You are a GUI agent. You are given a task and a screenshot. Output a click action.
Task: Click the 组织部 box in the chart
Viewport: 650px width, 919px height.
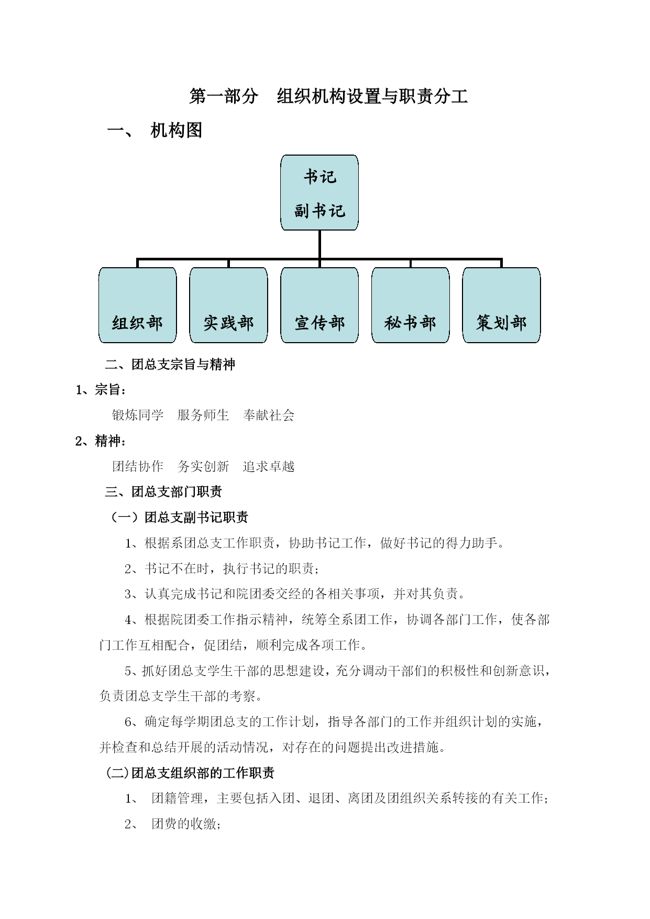(x=138, y=305)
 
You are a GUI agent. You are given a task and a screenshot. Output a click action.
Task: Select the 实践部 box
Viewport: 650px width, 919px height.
(x=228, y=305)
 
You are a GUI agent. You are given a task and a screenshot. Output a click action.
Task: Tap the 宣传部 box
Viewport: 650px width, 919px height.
(x=320, y=305)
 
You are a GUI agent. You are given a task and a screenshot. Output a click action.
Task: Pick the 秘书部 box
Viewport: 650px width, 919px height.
(x=411, y=305)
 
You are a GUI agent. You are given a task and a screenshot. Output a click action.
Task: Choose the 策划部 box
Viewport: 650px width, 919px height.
(x=501, y=305)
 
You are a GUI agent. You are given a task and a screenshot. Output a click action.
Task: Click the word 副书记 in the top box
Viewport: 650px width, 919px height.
(x=320, y=211)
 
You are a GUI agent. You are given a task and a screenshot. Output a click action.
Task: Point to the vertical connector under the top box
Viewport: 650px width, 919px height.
(x=320, y=245)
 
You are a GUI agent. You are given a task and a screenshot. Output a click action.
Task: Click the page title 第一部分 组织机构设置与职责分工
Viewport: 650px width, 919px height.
(x=328, y=96)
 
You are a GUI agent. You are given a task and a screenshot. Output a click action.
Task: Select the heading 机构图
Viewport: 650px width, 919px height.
(x=176, y=130)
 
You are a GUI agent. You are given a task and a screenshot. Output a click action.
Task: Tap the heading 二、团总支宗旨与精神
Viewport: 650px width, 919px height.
(x=170, y=364)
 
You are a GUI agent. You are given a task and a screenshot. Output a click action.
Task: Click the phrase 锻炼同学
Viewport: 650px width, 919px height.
(x=138, y=415)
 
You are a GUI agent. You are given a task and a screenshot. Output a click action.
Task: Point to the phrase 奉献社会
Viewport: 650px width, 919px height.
(x=269, y=415)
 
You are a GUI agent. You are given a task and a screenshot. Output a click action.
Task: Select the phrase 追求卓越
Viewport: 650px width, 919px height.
(x=269, y=466)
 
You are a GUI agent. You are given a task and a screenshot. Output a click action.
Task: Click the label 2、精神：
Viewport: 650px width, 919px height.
(x=101, y=441)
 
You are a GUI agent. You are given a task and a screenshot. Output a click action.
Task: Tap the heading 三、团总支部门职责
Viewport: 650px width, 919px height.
(x=163, y=491)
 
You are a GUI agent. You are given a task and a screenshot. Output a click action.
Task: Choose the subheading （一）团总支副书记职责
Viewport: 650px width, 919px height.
(x=177, y=517)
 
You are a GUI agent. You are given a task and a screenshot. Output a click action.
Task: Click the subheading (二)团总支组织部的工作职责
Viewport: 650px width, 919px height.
(x=190, y=773)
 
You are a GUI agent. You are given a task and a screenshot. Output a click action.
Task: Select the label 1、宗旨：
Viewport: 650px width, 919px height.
(x=101, y=390)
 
